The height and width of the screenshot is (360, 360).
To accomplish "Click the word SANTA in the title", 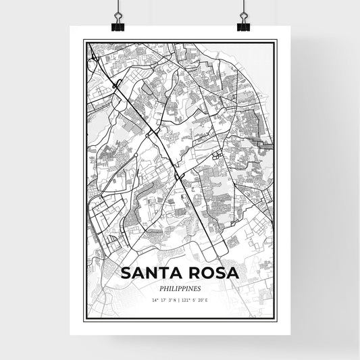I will point(153,274).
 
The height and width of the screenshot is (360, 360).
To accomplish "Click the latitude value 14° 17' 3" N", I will point(163,300).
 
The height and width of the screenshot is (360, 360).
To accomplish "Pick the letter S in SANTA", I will point(126,274).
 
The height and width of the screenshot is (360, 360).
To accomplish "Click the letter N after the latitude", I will point(174,300).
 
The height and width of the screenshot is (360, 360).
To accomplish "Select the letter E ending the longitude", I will point(207,300).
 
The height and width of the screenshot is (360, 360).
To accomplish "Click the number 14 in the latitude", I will point(154,300).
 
